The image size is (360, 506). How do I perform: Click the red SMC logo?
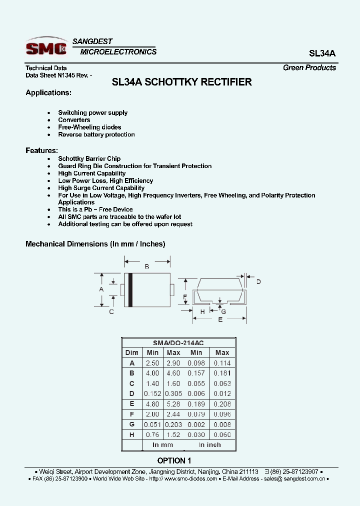click(x=46, y=48)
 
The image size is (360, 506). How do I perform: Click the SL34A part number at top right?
click(x=322, y=53)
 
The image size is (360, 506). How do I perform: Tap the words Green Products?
click(x=309, y=67)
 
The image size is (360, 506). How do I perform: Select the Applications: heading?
click(x=48, y=92)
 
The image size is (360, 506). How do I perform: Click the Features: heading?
click(x=41, y=150)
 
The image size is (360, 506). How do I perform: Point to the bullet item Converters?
click(x=74, y=120)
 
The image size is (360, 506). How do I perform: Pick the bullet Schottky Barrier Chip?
click(x=89, y=158)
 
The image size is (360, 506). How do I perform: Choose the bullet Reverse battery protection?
click(x=96, y=134)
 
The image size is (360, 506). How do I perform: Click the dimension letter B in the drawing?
click(x=147, y=267)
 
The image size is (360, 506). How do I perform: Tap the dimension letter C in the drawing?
click(x=111, y=311)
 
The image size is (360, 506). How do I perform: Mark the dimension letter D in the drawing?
click(x=258, y=282)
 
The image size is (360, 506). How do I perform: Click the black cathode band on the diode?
click(x=130, y=290)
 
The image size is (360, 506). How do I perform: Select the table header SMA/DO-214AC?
click(x=178, y=342)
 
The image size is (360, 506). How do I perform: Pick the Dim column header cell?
click(x=132, y=352)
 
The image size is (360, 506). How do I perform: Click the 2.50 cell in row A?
click(x=152, y=363)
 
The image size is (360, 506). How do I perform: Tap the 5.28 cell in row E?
click(x=173, y=404)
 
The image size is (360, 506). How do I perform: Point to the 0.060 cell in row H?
click(x=222, y=434)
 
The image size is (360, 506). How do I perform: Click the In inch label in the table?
click(x=209, y=444)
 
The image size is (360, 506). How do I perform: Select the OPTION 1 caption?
click(x=174, y=460)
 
